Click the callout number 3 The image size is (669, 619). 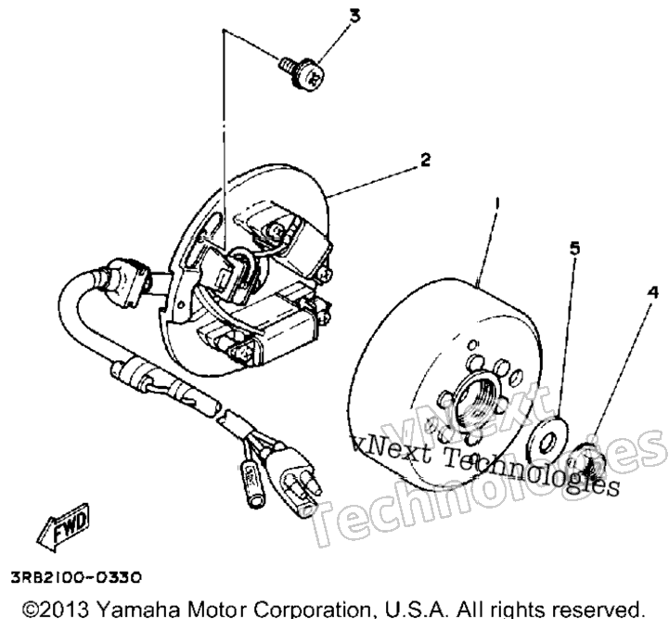click(x=355, y=16)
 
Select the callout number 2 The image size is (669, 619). click(x=425, y=160)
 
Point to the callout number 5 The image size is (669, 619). click(x=575, y=249)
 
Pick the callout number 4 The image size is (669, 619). click(x=652, y=292)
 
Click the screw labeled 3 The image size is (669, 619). click(x=302, y=73)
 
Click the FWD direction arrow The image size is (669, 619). click(x=63, y=526)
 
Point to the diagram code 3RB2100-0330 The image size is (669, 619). click(x=75, y=578)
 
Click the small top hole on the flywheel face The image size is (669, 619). click(x=473, y=344)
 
